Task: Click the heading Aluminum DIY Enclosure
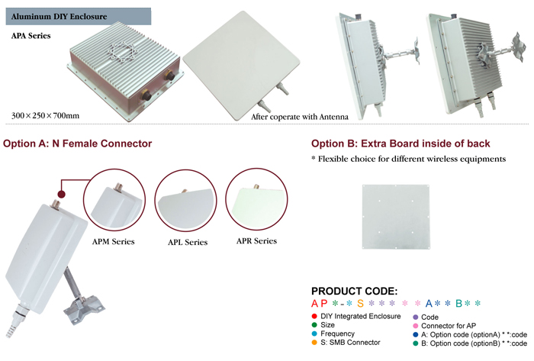(x=53, y=15)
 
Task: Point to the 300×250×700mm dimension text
(x=46, y=114)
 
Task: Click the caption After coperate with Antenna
(x=300, y=117)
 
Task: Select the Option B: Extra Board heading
(x=400, y=143)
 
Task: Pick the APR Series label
(x=256, y=241)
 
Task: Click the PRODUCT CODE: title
(x=354, y=292)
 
